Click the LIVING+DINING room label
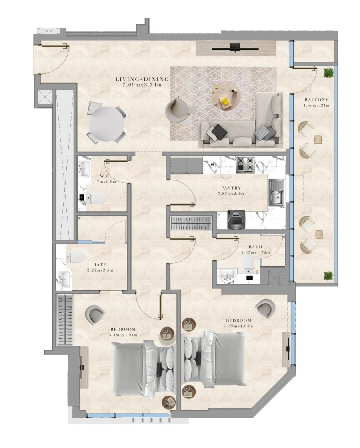click(142, 79)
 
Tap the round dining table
click(107, 124)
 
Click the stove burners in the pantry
click(245, 164)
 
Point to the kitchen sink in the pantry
click(276, 193)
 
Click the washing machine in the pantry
click(236, 220)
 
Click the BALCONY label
click(316, 100)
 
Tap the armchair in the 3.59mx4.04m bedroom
click(264, 308)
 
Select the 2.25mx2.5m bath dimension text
click(100, 270)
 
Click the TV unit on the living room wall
click(236, 49)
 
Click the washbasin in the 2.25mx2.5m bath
click(64, 278)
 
